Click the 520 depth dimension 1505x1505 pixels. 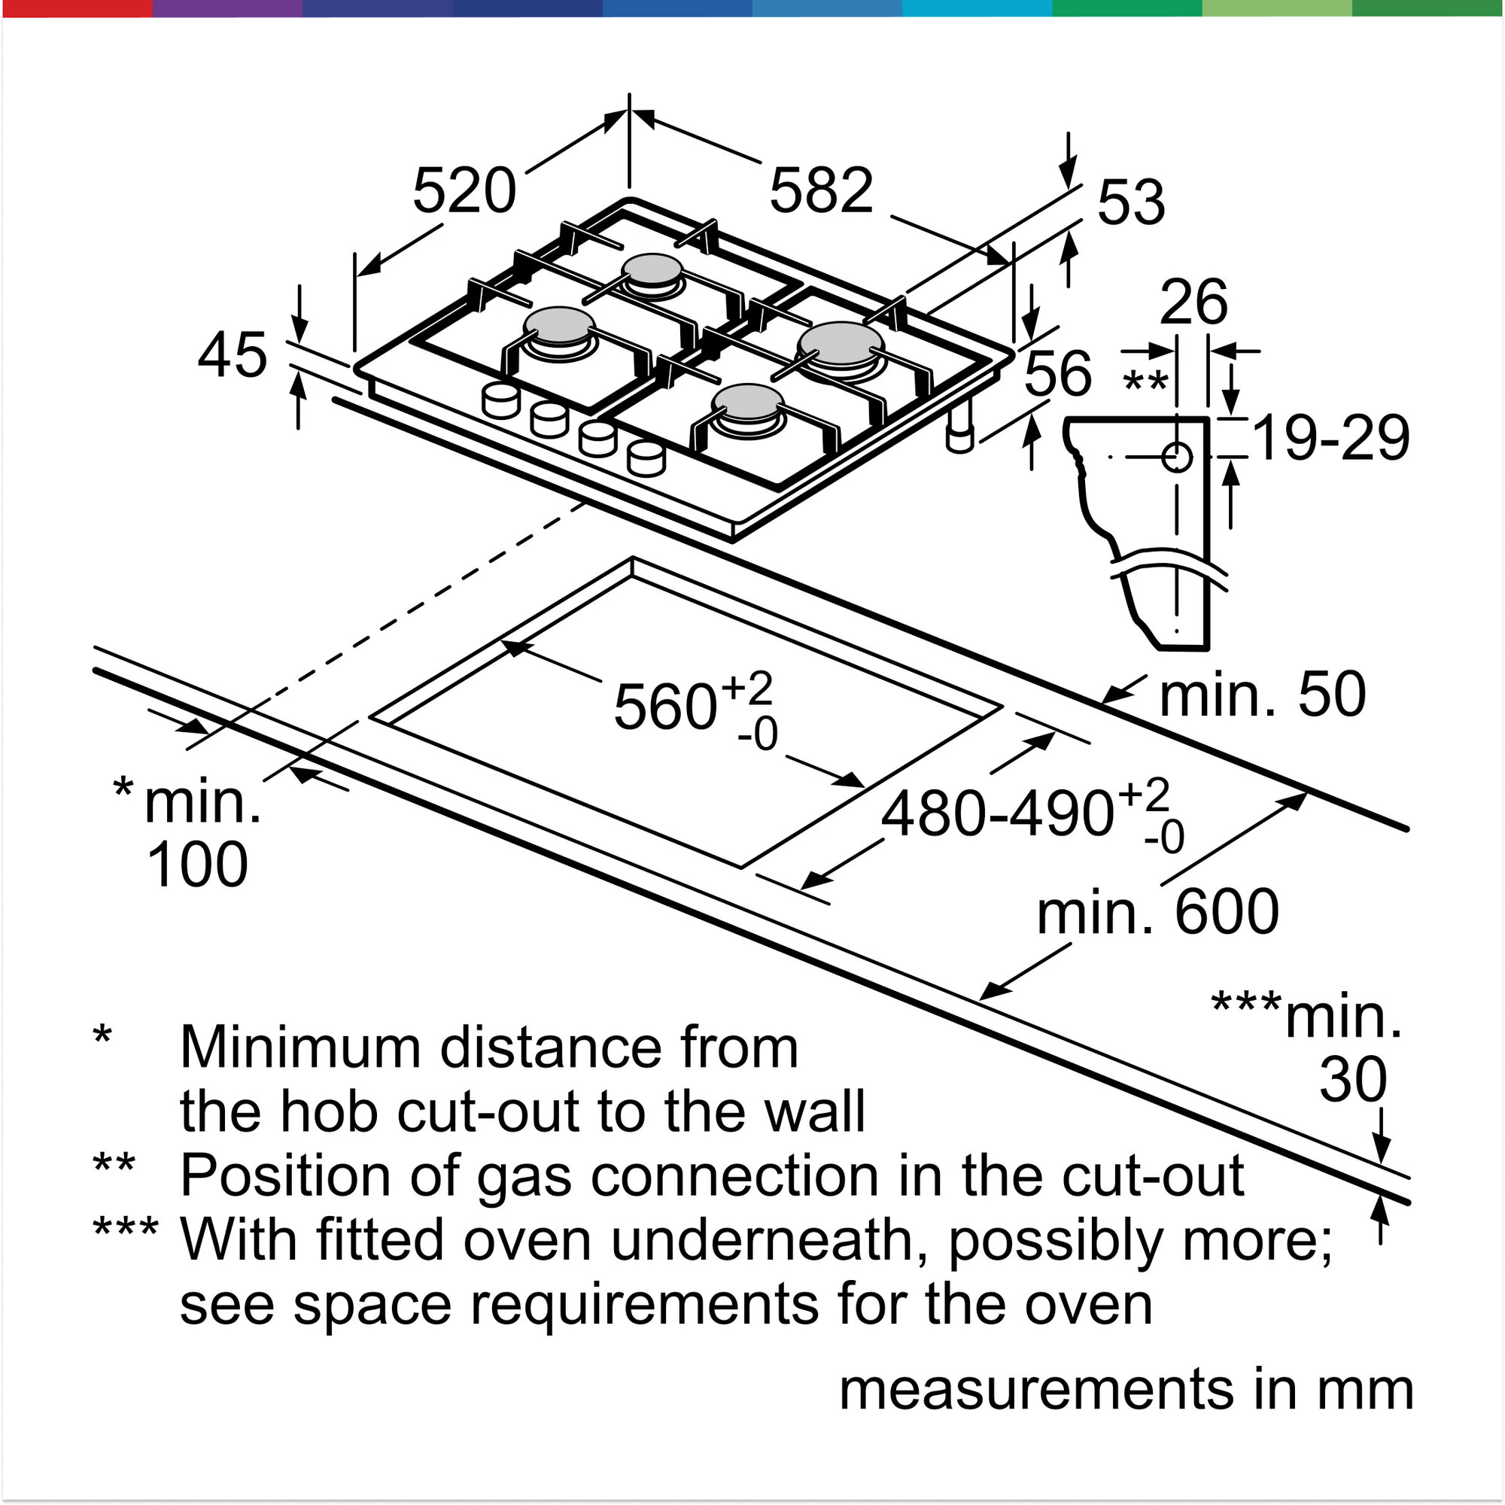point(464,191)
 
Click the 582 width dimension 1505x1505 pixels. point(821,190)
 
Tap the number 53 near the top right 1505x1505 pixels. point(1131,202)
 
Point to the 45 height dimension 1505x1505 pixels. point(232,355)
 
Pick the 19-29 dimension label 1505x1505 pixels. point(1331,438)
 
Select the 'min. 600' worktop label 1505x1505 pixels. point(1158,912)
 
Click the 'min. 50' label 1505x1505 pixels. point(1263,694)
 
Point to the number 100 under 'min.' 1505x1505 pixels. point(197,865)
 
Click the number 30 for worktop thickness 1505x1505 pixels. point(1353,1080)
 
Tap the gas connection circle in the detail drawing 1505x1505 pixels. point(1176,458)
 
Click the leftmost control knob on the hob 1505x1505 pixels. point(500,400)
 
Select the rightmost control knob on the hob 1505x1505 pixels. point(646,458)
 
